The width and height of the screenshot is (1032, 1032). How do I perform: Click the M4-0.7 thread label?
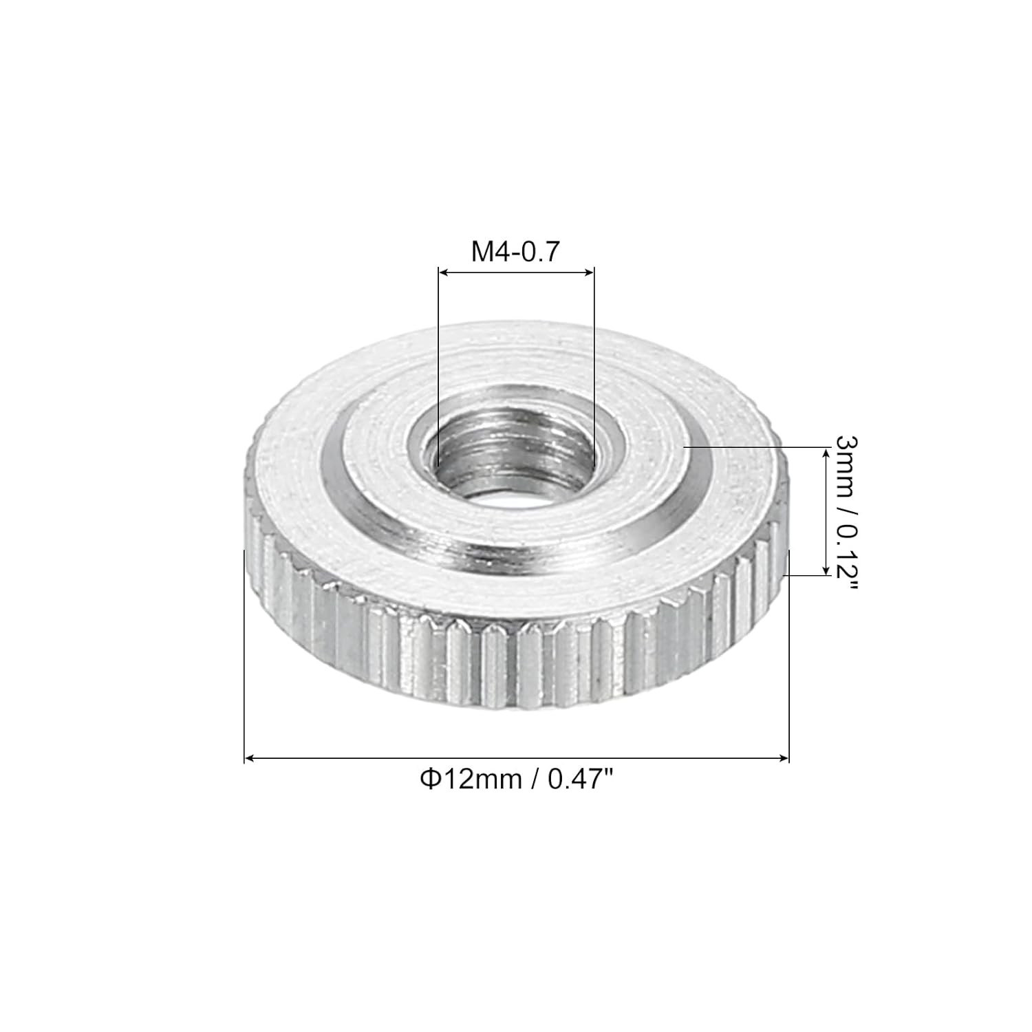coord(516,252)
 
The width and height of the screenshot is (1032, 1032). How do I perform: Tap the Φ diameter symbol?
coord(429,780)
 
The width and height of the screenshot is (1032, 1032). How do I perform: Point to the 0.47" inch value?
coord(578,780)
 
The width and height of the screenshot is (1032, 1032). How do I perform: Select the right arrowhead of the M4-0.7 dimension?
coord(588,273)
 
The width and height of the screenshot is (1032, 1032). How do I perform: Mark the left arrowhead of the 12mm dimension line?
coord(250,758)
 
